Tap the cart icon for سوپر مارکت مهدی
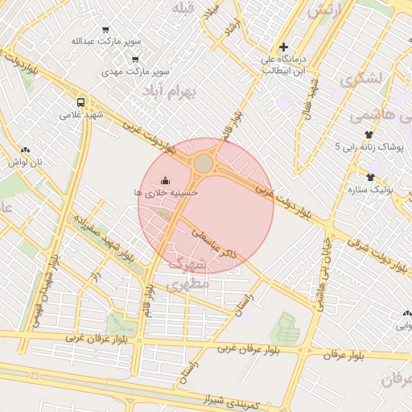(x=134, y=59)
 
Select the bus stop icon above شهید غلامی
(x=80, y=102)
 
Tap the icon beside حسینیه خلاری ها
(x=166, y=180)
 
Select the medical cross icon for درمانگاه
(x=282, y=47)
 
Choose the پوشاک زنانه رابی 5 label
(x=369, y=147)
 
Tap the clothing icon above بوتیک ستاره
(x=370, y=177)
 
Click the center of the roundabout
(x=204, y=163)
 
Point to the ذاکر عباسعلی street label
(x=212, y=241)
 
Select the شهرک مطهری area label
(x=188, y=274)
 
